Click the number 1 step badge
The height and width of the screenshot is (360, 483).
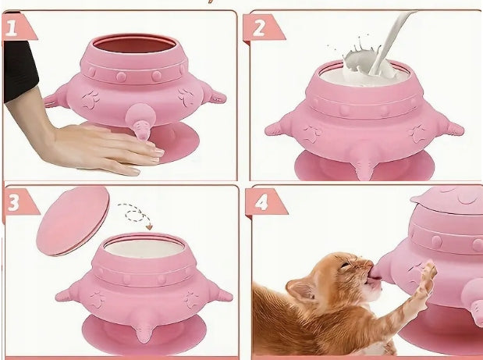coord(17,27)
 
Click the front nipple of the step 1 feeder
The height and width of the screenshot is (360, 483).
coord(140,122)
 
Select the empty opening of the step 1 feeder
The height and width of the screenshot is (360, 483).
coord(135,44)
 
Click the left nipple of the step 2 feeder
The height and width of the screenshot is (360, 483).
coord(277,128)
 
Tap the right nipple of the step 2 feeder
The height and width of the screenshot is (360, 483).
coord(451,127)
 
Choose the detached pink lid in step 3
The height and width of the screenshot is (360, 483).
coord(73,221)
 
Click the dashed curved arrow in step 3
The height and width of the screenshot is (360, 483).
coord(136,214)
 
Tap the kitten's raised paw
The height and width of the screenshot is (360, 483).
coord(429,274)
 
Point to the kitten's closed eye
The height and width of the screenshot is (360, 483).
coord(346,265)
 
